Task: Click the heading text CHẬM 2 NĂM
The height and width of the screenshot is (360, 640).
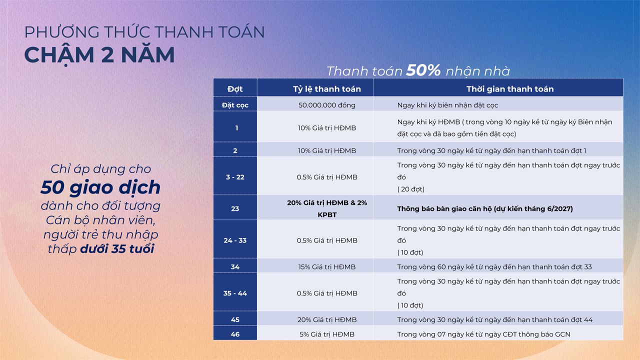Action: pos(99,55)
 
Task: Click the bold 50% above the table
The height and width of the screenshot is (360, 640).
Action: pos(423,70)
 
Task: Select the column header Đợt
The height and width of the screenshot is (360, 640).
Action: pos(235,89)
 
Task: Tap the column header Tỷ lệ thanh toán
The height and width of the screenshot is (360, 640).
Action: pos(326,89)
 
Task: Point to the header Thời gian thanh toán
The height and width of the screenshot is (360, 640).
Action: pos(509,89)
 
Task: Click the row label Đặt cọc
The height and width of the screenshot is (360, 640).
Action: pos(235,105)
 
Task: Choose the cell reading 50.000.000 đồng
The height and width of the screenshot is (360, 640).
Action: pos(327,105)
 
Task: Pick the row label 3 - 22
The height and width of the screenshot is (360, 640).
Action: pos(235,177)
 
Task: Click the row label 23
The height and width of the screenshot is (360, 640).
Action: pos(235,208)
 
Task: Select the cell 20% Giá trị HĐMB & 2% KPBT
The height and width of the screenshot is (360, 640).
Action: pos(327,208)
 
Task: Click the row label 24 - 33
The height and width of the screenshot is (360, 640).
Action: pos(235,240)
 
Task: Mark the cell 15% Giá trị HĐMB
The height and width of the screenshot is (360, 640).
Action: pos(327,267)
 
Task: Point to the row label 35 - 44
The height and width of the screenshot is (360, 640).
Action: pos(235,293)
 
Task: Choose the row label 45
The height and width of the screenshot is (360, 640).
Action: pos(235,319)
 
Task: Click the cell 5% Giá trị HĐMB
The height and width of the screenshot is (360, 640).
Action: pos(327,334)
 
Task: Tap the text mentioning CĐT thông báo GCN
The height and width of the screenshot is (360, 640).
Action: pos(483,334)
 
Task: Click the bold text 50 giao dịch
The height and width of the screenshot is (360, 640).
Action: pos(100,187)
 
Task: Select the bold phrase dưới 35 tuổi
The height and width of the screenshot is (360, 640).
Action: pos(117,248)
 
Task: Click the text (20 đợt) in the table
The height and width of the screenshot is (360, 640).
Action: pos(411,189)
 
